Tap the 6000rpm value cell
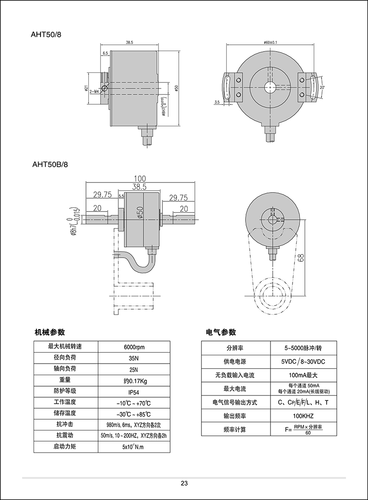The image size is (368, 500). pyautogui.click(x=134, y=347)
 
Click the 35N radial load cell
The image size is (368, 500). pyautogui.click(x=134, y=358)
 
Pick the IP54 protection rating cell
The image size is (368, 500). pyautogui.click(x=134, y=391)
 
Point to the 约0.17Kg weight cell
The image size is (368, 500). pyautogui.click(x=134, y=380)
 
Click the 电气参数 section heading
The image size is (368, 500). pyautogui.click(x=221, y=332)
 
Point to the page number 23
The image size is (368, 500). pyautogui.click(x=184, y=483)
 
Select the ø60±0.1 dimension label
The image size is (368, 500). pyautogui.click(x=271, y=43)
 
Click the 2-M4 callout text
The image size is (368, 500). pyautogui.click(x=94, y=92)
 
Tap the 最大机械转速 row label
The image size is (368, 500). pyautogui.click(x=64, y=347)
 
